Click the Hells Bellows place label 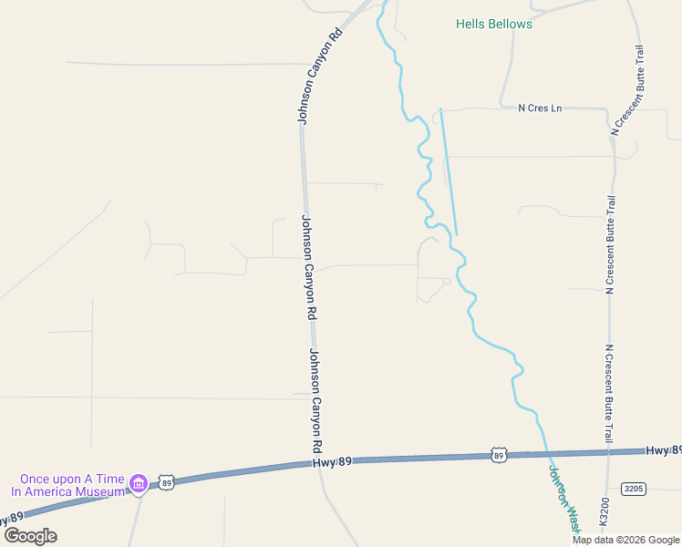(494, 24)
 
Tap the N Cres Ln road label (540, 108)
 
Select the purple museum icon (138, 482)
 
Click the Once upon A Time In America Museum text (67, 485)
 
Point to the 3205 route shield (633, 489)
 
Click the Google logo (30, 536)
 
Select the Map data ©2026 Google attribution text (626, 540)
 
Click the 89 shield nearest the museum (166, 482)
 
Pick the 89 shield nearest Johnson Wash (497, 454)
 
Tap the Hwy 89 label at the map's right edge (664, 450)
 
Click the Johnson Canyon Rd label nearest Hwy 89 (315, 401)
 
